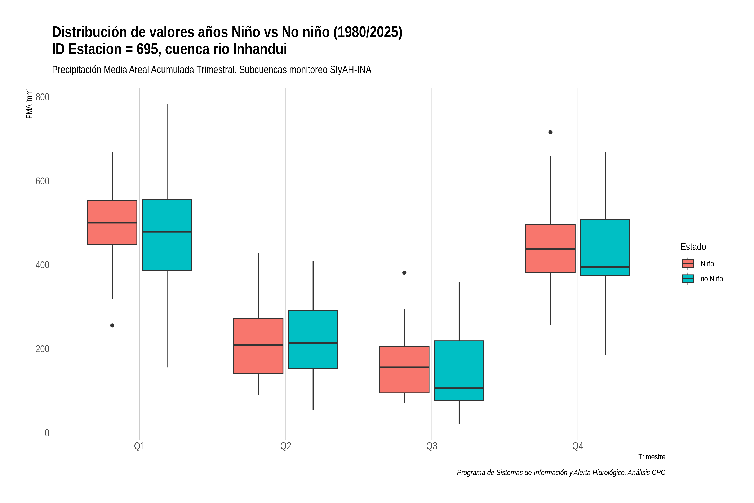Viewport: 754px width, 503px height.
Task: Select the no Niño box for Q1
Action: (x=167, y=235)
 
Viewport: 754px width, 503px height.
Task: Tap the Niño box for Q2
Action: (x=258, y=346)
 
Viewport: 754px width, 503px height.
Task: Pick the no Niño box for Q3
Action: (x=459, y=371)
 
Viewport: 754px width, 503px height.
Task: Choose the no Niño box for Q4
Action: (x=605, y=248)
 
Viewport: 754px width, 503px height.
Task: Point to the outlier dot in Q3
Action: (x=404, y=273)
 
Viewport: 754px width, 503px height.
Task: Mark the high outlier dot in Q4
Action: (x=550, y=132)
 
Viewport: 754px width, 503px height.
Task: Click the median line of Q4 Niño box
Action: (x=550, y=249)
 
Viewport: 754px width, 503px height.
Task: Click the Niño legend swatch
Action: (x=688, y=263)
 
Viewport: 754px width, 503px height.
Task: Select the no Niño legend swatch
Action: (x=688, y=279)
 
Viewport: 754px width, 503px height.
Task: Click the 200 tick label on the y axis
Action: (x=42, y=349)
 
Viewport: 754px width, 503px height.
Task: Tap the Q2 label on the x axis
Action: (x=286, y=446)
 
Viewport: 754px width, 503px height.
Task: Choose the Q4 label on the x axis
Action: (x=578, y=446)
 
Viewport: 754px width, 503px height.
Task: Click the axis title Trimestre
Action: (x=652, y=457)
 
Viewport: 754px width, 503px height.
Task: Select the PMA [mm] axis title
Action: (x=29, y=103)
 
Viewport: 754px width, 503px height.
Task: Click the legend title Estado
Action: (x=693, y=247)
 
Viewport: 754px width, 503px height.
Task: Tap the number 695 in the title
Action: (x=148, y=49)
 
